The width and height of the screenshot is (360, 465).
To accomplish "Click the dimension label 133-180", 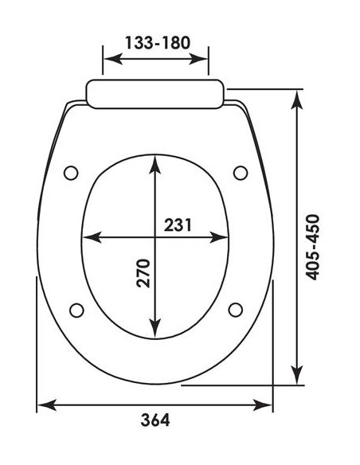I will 156,42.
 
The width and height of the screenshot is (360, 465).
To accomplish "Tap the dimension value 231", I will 178,225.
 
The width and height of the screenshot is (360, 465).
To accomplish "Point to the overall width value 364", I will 155,420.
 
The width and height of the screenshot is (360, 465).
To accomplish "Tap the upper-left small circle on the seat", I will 72,172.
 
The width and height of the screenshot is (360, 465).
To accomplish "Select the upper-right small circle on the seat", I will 240,172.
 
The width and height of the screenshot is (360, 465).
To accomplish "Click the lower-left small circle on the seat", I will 77,310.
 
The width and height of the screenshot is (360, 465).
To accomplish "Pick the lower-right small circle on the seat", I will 235,309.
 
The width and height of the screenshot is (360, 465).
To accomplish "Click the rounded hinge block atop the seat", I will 155,93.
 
